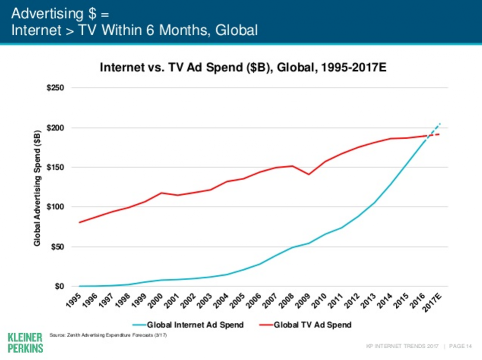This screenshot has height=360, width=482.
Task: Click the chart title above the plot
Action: coord(243,67)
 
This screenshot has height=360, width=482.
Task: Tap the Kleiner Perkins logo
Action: coord(25,343)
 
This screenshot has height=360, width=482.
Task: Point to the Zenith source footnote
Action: coord(108,335)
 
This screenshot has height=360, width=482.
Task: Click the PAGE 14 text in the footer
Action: coord(461,347)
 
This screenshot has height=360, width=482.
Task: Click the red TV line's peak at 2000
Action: coord(161,192)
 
